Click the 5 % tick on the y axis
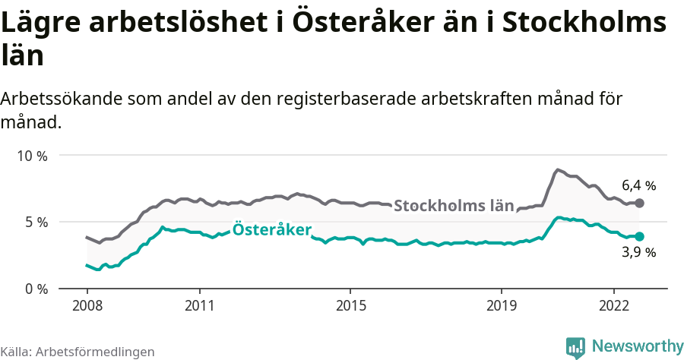(34, 223)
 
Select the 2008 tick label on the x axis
(87, 305)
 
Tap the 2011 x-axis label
(199, 305)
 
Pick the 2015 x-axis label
(350, 305)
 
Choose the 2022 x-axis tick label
(613, 305)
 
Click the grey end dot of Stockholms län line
(639, 203)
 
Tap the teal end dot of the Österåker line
(639, 236)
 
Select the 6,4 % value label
(638, 185)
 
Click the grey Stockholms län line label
(454, 206)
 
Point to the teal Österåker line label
(271, 229)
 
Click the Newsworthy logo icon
(575, 347)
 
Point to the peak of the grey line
(558, 169)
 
